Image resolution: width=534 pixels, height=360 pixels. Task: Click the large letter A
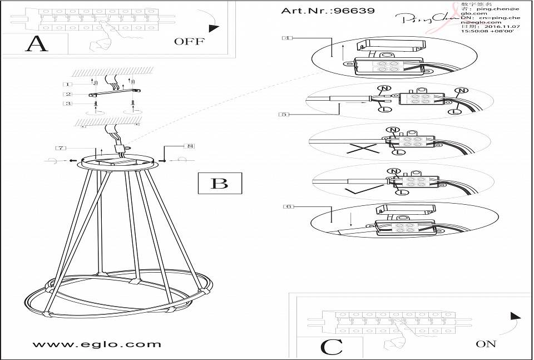coord(37,43)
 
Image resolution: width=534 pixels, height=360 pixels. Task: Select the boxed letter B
coord(220,183)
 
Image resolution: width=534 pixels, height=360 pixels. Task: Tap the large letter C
coord(332,347)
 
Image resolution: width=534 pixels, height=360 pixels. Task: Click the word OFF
coord(189,41)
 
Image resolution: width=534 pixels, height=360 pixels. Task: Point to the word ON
coord(486,344)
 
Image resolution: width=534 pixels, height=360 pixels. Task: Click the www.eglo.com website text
coord(97,344)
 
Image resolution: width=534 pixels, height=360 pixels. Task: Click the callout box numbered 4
coord(286,38)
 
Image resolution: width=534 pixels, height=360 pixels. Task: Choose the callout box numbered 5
coord(285,114)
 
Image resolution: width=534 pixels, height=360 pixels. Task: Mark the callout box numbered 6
coord(288,206)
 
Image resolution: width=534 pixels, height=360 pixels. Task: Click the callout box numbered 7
coord(61,148)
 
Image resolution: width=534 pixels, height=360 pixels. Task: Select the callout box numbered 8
coord(190,146)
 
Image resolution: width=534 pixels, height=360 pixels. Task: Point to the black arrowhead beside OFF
coord(212,28)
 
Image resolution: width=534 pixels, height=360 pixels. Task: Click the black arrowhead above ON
coord(515,317)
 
